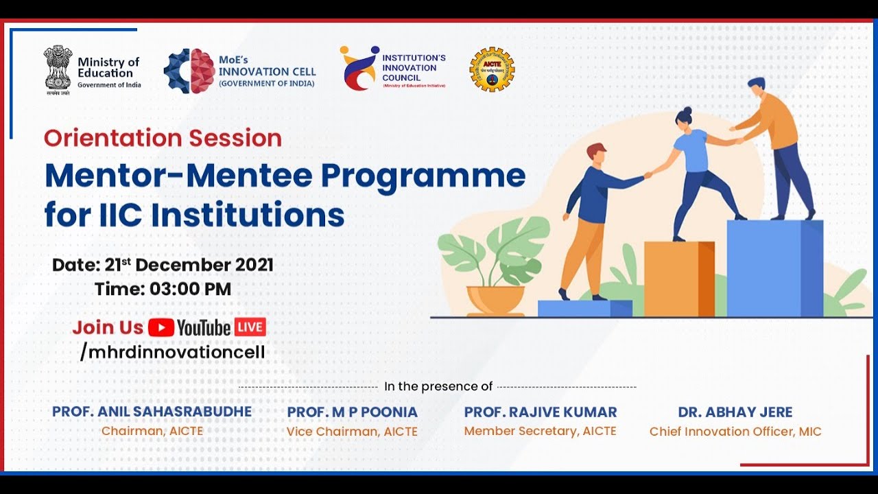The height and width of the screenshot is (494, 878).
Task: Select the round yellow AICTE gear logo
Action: [492, 69]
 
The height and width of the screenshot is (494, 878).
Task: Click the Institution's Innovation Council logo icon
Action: [359, 68]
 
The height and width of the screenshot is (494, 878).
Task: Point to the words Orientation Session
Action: [163, 138]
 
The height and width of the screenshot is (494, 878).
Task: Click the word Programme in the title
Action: [423, 176]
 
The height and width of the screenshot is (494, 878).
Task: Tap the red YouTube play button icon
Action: [161, 327]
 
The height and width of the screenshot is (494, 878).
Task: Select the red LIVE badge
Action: [250, 327]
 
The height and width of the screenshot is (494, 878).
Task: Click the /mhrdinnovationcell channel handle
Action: [172, 352]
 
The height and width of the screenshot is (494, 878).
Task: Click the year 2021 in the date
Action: [254, 265]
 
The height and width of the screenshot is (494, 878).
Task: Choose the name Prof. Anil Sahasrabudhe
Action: [152, 412]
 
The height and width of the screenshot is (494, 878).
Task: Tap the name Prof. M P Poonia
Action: [352, 412]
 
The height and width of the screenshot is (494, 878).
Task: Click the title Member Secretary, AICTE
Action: [540, 431]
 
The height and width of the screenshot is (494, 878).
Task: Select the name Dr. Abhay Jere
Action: [735, 412]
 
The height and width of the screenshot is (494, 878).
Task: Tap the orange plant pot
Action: [495, 300]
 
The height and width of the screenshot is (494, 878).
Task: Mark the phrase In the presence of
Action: [438, 386]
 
